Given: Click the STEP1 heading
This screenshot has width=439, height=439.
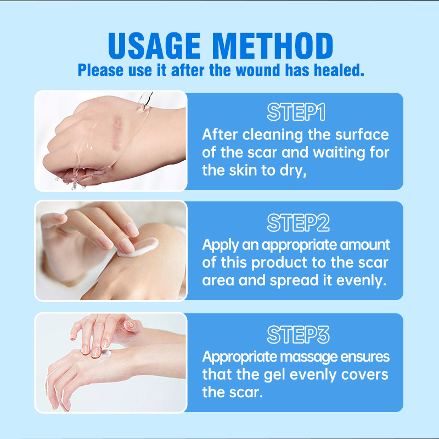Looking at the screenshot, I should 296,112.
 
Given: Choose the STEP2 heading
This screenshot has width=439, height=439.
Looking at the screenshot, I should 296,222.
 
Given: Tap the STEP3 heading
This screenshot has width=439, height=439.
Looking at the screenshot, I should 296,334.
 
